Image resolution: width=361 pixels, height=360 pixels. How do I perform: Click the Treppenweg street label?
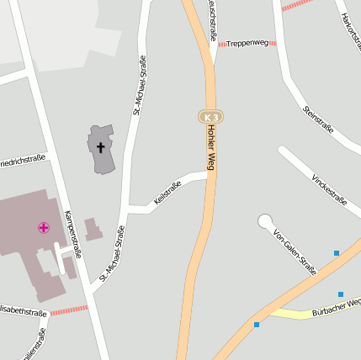coord(247,42)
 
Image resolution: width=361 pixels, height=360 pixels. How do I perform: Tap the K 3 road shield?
coord(210,116)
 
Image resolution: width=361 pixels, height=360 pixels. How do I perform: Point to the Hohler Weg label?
coord(211,148)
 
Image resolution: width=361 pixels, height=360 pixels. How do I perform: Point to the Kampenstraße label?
coord(73,233)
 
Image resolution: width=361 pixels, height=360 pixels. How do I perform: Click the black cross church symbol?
coord(101,147)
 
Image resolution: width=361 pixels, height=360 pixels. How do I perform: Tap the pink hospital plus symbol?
coord(43,227)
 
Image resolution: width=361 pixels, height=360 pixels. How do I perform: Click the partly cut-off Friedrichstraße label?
coord(23,159)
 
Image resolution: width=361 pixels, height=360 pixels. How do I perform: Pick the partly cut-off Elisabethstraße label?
coord(24,312)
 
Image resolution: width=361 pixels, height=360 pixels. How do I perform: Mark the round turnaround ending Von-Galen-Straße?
coord(266,221)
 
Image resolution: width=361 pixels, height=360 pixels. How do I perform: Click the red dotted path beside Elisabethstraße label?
coord(68,310)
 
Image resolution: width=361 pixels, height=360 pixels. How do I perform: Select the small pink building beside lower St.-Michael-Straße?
coord(93,230)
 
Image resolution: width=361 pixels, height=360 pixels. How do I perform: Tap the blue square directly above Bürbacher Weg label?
coord(341,294)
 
